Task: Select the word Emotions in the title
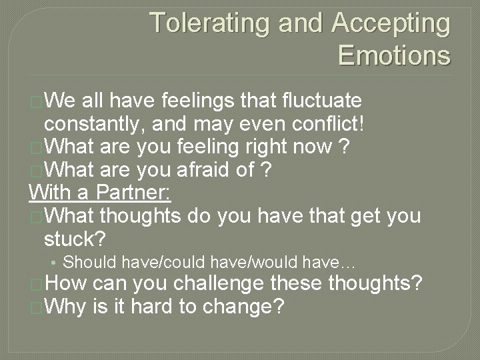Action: click(394, 55)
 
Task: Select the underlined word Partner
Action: click(134, 193)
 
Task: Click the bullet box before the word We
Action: click(36, 102)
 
